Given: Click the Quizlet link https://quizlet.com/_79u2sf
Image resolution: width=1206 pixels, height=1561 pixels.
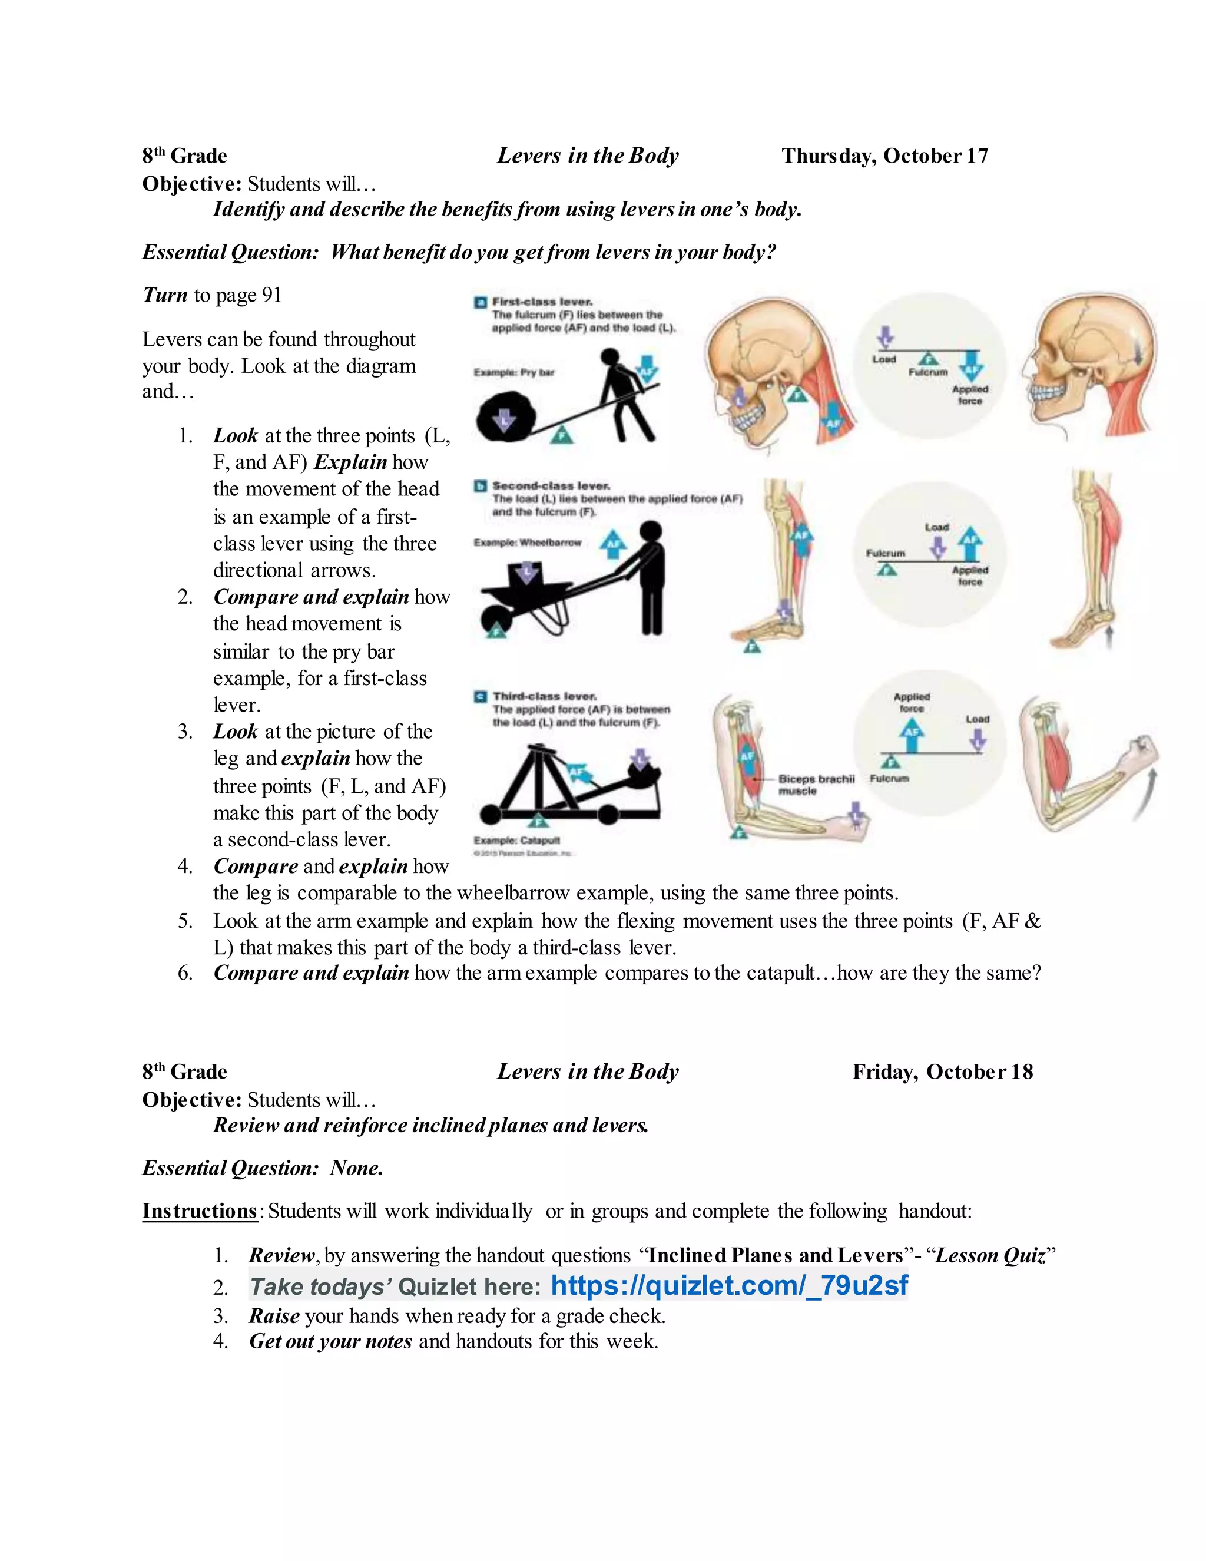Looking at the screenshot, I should pyautogui.click(x=729, y=1285).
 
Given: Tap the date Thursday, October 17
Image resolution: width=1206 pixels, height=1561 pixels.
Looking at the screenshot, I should pyautogui.click(x=884, y=156).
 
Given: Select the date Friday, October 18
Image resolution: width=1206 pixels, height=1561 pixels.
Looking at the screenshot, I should pyautogui.click(x=942, y=1071).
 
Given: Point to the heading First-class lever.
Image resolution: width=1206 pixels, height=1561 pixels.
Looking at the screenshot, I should pyautogui.click(x=542, y=302).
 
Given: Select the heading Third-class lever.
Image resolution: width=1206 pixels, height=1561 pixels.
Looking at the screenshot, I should pyautogui.click(x=545, y=696).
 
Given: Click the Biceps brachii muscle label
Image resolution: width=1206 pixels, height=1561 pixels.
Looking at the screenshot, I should pyautogui.click(x=815, y=784).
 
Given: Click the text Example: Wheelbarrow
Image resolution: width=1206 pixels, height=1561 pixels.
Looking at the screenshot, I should pyautogui.click(x=527, y=543).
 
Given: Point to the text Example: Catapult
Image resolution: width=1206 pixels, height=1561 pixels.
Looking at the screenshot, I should pyautogui.click(x=516, y=841).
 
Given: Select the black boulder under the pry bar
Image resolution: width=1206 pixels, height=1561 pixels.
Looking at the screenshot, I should pyautogui.click(x=505, y=419).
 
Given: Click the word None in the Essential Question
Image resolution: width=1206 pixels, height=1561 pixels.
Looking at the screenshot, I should pyautogui.click(x=356, y=1168).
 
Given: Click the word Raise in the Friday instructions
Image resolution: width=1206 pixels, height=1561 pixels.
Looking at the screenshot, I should pyautogui.click(x=274, y=1316).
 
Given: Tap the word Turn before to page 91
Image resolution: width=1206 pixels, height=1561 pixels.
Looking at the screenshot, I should pyautogui.click(x=165, y=295).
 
